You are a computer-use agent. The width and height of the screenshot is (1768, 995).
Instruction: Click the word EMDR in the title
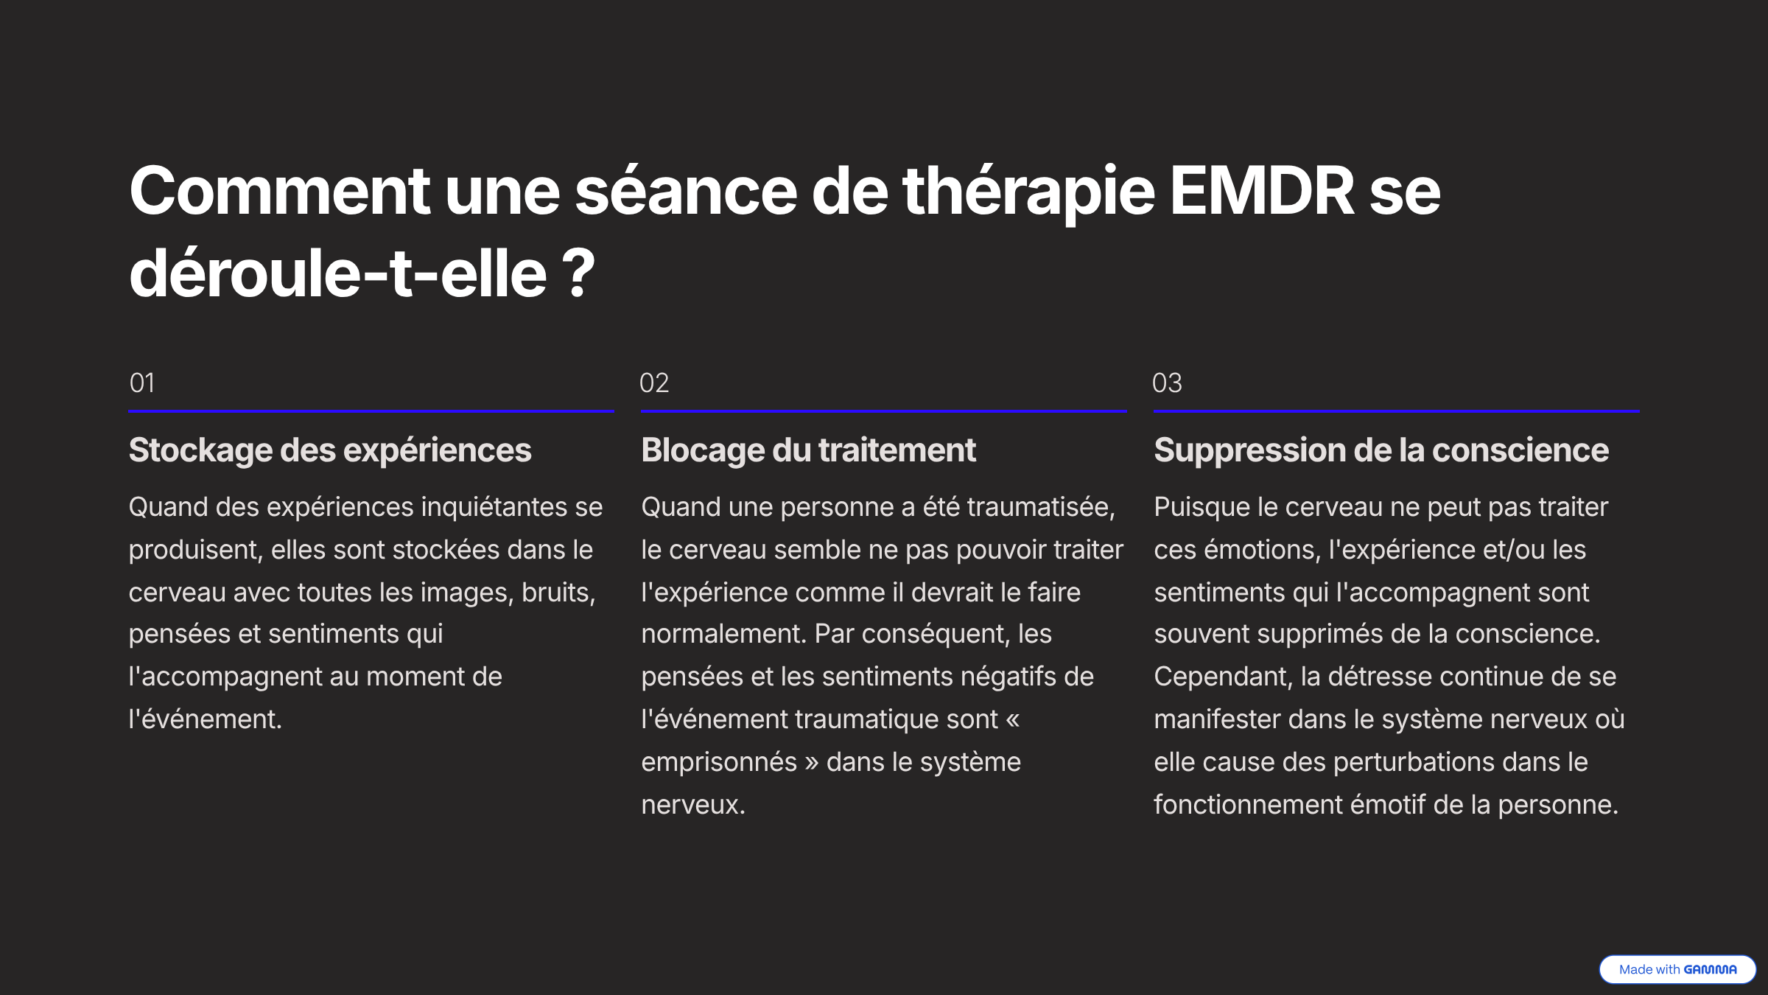(x=1262, y=191)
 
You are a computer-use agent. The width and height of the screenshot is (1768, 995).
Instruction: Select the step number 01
(x=142, y=383)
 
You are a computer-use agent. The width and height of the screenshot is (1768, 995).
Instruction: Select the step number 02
(x=654, y=383)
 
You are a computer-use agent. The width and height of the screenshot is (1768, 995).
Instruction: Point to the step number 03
(x=1167, y=383)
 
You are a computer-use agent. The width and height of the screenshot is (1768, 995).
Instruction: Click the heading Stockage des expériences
(x=330, y=450)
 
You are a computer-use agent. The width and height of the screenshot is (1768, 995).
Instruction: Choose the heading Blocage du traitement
(x=808, y=450)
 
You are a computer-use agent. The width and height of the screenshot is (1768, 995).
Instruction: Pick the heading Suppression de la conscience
(x=1381, y=450)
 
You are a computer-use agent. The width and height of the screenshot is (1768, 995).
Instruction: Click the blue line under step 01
(x=371, y=411)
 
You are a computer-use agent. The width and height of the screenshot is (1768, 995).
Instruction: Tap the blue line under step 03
(x=1397, y=411)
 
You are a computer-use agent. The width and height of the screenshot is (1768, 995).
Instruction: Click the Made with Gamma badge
(x=1677, y=969)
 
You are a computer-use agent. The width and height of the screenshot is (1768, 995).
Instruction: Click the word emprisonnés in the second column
(x=719, y=762)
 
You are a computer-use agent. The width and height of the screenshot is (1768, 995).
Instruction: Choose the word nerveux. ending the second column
(x=693, y=805)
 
